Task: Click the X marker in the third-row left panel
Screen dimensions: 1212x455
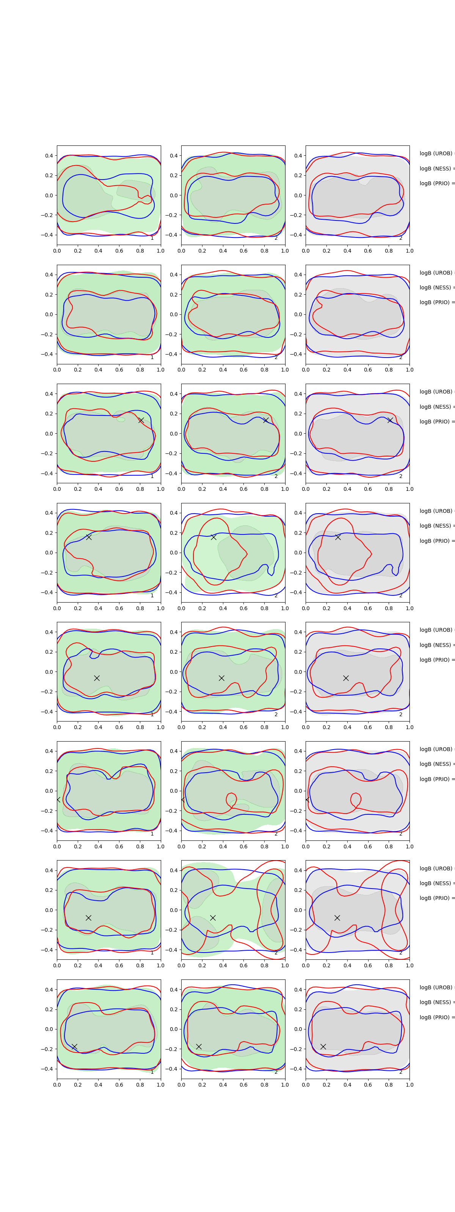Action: coord(141,420)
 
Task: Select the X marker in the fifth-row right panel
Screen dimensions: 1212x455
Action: coord(346,678)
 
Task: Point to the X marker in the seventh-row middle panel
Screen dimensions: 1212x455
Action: coord(213,918)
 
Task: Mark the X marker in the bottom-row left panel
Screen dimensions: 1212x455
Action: coord(74,1046)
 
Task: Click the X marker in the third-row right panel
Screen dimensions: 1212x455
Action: coord(390,420)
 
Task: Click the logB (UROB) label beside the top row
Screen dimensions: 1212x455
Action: coord(436,153)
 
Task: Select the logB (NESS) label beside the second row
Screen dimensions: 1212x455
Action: coord(436,287)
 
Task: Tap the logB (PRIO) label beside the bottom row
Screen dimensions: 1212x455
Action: coord(436,1017)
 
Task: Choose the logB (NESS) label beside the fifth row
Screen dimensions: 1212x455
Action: coord(436,645)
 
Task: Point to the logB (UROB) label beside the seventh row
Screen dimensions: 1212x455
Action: coord(436,868)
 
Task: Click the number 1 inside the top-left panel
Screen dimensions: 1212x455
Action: coord(152,238)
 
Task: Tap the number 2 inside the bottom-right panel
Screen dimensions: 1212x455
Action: coord(401,1072)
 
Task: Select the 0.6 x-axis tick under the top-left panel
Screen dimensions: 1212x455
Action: coord(119,251)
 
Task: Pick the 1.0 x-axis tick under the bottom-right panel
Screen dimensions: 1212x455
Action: coord(409,1084)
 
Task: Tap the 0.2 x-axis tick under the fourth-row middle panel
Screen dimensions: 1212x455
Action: coord(202,608)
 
